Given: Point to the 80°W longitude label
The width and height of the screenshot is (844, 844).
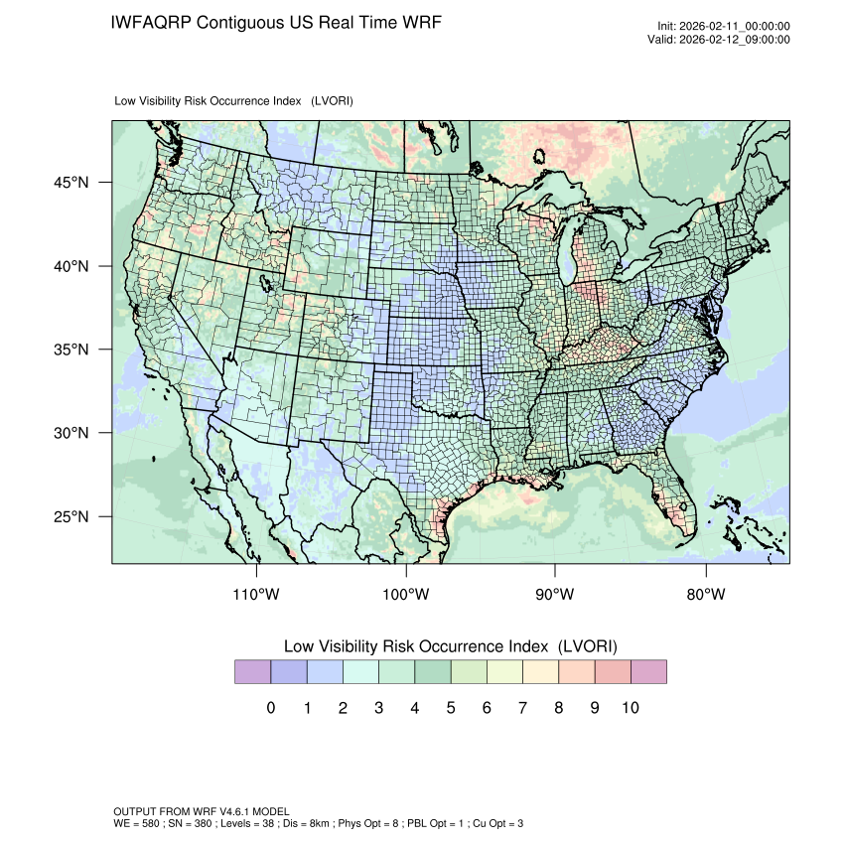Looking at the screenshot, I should [706, 595].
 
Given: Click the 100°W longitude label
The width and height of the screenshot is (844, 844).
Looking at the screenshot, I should [406, 595].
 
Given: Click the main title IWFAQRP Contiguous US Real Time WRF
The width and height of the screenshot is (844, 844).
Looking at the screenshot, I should [276, 22].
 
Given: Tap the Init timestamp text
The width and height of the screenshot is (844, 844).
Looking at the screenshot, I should [723, 26].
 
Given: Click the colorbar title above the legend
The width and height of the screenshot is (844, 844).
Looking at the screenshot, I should [450, 646].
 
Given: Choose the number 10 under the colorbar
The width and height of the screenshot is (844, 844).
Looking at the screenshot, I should [630, 708].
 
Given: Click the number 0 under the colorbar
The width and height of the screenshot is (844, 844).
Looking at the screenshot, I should [270, 708].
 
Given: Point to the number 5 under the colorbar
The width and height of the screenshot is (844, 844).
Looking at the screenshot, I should [450, 708].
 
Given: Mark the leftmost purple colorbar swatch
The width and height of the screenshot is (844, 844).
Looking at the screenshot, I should [252, 672].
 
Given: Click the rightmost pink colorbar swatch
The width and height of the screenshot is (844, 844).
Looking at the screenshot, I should [647, 672].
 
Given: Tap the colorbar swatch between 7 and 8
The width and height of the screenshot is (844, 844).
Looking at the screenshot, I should [540, 672].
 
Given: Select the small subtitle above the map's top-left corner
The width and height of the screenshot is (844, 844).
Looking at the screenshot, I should [234, 101].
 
